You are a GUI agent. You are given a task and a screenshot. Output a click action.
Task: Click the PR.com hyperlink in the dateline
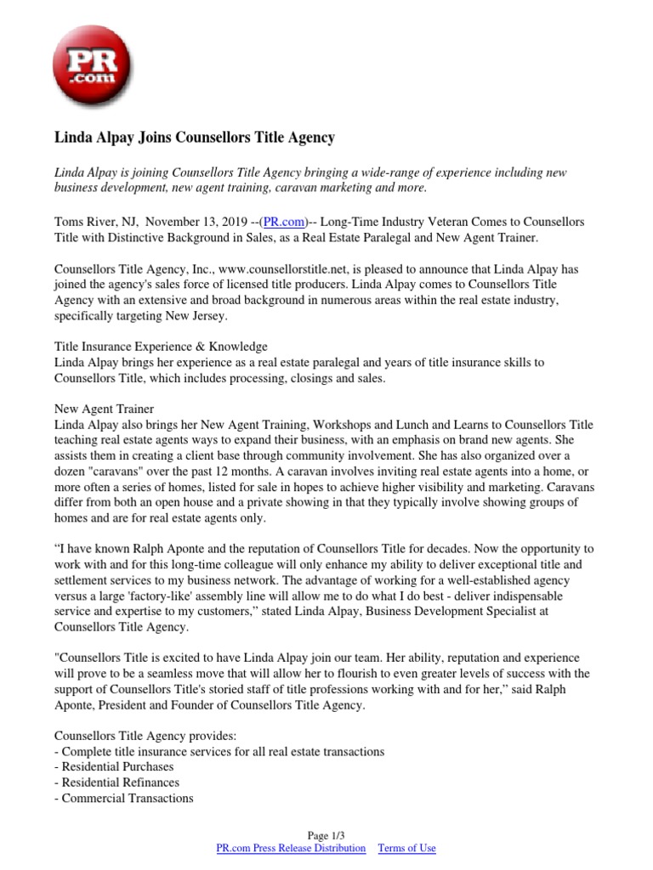coord(283,222)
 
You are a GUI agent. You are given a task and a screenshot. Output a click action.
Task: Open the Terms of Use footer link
coord(406,848)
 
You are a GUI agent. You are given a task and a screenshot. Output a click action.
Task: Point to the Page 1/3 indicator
coord(326,835)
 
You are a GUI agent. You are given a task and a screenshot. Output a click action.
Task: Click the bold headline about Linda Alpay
coord(195,136)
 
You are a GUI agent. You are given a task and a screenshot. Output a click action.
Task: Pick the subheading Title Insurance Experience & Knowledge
coord(161,347)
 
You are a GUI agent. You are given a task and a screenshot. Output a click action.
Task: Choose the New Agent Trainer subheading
coord(104,409)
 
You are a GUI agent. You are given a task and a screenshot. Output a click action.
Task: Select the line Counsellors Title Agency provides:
coord(147,736)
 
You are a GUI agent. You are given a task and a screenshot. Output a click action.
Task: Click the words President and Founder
coord(165,704)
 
